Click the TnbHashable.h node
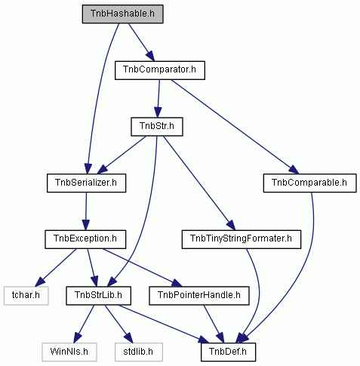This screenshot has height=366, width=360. point(122,14)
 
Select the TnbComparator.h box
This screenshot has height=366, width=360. point(160,70)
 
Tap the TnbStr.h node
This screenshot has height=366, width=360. point(157,127)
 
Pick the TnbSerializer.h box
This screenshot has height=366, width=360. point(86,183)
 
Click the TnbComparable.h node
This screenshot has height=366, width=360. point(309,183)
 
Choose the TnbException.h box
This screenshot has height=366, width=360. point(85,239)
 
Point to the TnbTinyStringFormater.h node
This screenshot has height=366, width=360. point(242,239)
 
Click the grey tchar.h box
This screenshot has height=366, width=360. point(26,296)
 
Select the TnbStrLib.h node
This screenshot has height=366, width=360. point(98,296)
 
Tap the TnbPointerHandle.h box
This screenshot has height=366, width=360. point(199,296)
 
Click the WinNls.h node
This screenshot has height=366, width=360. point(69,352)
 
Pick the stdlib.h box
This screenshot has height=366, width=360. point(139,352)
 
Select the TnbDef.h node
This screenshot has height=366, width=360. point(228,352)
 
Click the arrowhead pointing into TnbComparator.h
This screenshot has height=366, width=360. point(151,56)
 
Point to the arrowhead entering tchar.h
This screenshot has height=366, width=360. point(40,281)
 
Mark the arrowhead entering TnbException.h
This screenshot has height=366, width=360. point(85,225)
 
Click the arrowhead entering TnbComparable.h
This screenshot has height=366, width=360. point(294,170)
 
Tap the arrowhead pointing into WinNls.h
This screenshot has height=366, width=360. point(78,338)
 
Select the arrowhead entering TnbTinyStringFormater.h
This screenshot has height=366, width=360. point(231,226)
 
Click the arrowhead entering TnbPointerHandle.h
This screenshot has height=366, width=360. point(177,283)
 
